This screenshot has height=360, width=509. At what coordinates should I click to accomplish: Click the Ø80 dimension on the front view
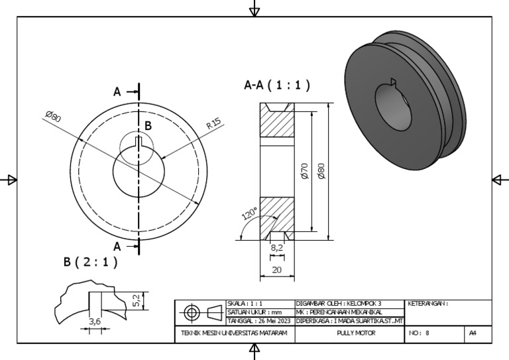pos(52,117)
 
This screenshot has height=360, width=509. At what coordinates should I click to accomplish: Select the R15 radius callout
pos(213,124)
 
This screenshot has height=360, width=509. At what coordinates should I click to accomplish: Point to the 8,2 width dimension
pos(278,248)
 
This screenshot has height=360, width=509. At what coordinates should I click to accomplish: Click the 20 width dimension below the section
pos(276,270)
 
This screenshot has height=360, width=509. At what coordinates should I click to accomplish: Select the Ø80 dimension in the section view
pos(321,172)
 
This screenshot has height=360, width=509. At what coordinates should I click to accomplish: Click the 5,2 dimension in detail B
pos(137,300)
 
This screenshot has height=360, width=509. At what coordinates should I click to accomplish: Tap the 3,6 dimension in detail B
pos(94,322)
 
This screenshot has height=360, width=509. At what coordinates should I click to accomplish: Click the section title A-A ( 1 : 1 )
pos(277,86)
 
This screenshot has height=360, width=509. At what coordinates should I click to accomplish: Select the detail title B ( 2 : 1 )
pos(91,262)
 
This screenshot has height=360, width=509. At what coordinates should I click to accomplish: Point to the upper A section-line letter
pos(117,92)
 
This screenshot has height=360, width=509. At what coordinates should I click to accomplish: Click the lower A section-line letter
pos(117,246)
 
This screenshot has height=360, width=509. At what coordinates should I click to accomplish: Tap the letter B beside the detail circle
pos(148,125)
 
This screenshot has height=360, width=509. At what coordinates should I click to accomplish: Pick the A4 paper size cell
pos(473,333)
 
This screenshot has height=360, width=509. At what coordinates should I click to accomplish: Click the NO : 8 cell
pos(419,333)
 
